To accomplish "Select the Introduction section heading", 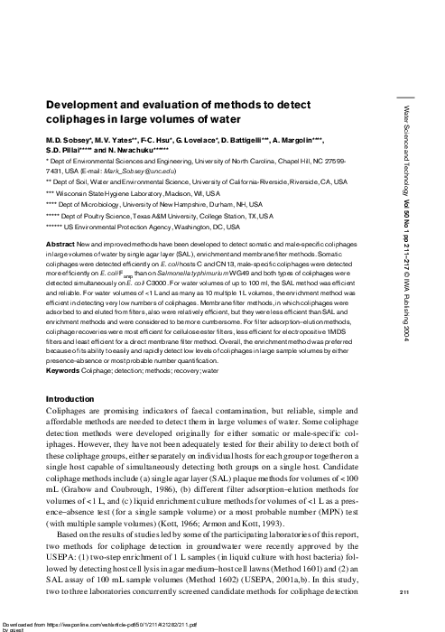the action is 72,398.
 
